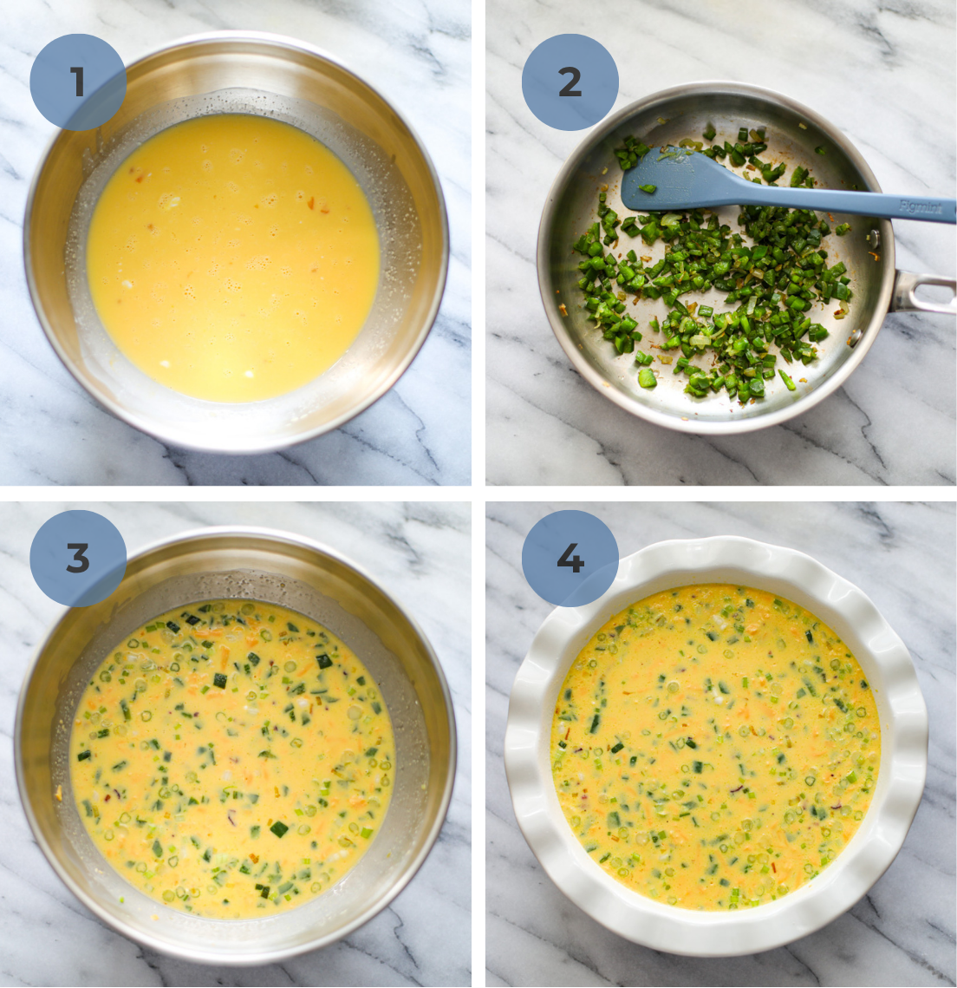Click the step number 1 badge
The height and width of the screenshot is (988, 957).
[x=78, y=82]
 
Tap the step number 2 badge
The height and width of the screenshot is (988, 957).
[x=570, y=82]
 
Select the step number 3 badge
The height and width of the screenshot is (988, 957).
[x=78, y=559]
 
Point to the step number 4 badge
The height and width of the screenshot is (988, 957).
[x=570, y=559]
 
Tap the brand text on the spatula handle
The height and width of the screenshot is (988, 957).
[x=920, y=207]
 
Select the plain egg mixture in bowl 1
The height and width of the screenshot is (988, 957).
[x=232, y=260]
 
